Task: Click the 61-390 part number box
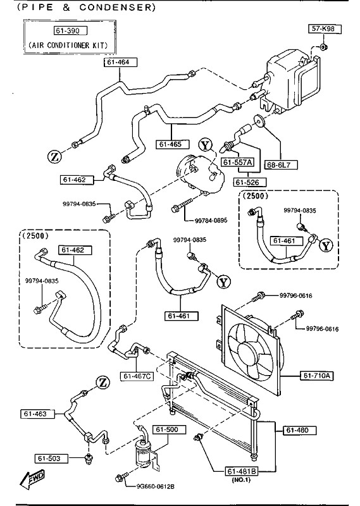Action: tap(70, 30)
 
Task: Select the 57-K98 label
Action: tap(324, 28)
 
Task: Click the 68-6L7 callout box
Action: tap(280, 165)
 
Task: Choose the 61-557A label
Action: tap(237, 162)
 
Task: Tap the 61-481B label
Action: tap(242, 471)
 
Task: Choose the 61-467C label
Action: tap(137, 376)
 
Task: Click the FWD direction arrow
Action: tap(33, 478)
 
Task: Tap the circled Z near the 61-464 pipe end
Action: tap(54, 157)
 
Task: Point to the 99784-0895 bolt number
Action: tap(211, 220)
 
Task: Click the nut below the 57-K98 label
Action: tap(324, 47)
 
